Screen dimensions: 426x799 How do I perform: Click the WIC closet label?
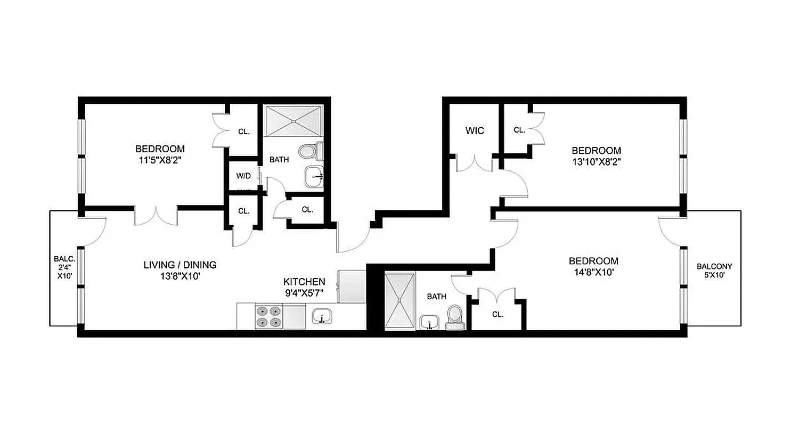click(475, 130)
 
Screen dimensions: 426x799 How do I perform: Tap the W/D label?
click(244, 175)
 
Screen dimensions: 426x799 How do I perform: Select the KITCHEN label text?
click(304, 282)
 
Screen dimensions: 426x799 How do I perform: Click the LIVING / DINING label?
click(181, 265)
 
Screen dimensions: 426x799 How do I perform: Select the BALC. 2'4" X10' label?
click(62, 268)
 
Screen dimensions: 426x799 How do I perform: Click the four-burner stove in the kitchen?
click(269, 316)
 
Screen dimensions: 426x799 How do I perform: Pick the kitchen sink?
click(321, 316)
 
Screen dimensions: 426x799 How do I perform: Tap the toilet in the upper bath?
click(308, 152)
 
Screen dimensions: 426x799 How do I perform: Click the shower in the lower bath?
click(399, 301)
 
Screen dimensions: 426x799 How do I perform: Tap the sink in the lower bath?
click(429, 322)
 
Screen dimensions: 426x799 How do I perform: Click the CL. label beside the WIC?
click(519, 130)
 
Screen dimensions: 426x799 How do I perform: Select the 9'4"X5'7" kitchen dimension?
click(304, 292)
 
